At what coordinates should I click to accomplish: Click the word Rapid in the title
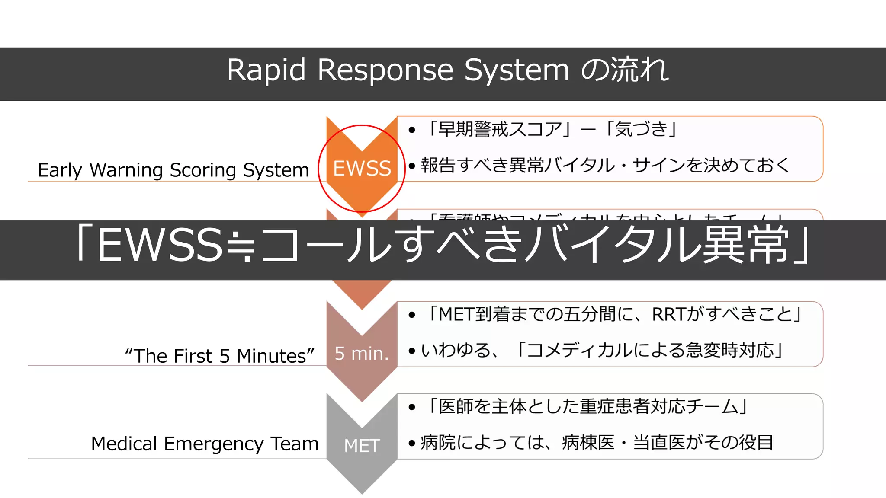click(266, 70)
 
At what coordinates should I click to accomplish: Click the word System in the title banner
click(517, 70)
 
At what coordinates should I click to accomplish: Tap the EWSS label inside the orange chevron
click(362, 168)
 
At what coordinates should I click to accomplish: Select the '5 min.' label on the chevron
click(362, 354)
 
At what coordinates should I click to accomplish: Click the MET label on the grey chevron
click(362, 446)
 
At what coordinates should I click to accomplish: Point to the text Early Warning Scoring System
click(173, 170)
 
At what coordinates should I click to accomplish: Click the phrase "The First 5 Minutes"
click(219, 356)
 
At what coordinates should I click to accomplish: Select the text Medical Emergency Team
click(205, 444)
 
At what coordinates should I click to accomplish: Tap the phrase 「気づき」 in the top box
click(642, 129)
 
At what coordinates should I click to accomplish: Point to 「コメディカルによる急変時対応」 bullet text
click(648, 350)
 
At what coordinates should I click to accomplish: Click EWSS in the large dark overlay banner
click(160, 245)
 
